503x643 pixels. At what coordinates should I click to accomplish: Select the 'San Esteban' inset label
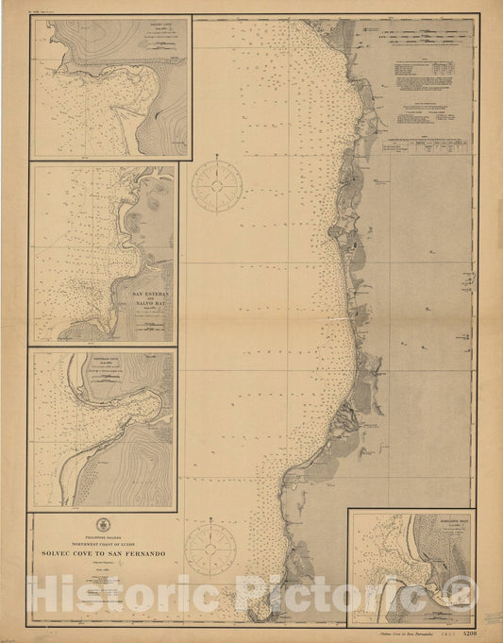click(152, 294)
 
